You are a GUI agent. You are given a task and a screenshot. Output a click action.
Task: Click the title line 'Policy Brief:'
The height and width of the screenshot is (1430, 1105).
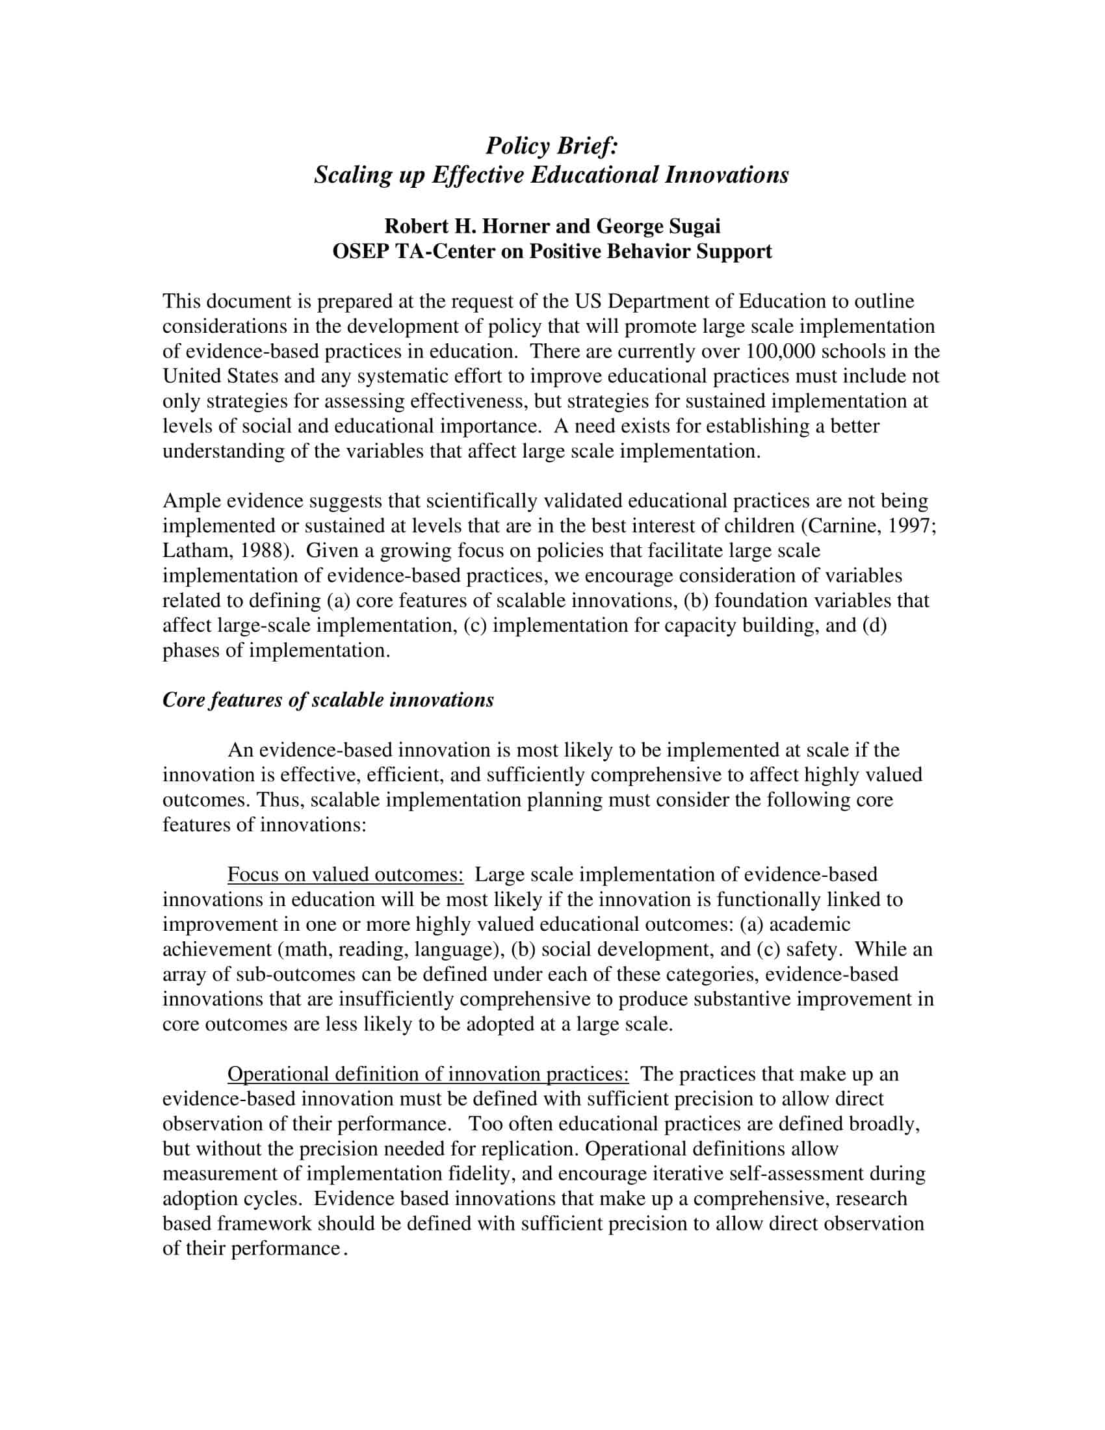click(x=552, y=146)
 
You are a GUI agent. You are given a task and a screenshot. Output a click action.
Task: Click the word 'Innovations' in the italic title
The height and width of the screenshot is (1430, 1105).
click(x=727, y=175)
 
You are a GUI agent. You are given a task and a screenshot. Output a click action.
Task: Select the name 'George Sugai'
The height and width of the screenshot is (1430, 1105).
click(x=658, y=226)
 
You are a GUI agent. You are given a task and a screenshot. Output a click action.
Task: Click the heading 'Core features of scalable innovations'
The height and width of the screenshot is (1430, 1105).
click(x=328, y=700)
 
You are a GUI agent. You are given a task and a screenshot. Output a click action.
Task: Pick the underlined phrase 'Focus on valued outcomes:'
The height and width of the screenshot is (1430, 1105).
click(x=345, y=874)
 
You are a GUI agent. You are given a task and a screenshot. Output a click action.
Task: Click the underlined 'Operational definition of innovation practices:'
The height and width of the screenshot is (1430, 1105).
click(x=428, y=1074)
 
